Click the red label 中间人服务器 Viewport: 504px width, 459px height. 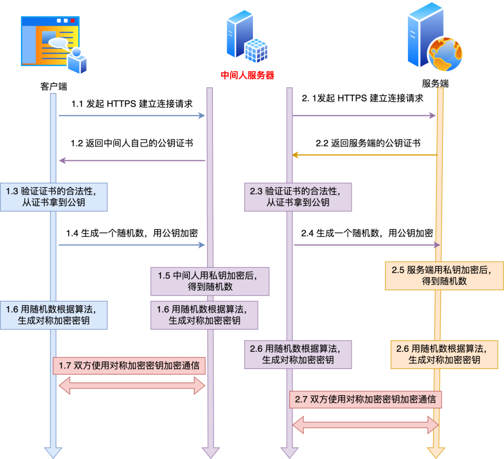247,75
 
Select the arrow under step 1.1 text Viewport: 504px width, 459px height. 132,115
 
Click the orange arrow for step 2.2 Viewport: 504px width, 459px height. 364,155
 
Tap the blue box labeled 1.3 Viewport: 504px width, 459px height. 54,196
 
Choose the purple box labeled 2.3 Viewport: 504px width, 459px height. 298,196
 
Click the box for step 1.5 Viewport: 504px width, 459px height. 210,281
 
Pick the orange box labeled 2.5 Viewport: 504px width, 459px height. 444,276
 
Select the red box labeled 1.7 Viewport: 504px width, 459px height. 129,366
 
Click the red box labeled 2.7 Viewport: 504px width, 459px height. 365,399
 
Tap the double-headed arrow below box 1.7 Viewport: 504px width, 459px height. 132,385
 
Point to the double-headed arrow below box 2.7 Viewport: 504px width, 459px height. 365,424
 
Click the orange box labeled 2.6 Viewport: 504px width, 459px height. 444,355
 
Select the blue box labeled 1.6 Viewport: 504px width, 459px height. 54,315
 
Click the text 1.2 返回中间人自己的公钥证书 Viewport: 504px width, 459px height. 132,143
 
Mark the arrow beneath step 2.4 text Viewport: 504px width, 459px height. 367,245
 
